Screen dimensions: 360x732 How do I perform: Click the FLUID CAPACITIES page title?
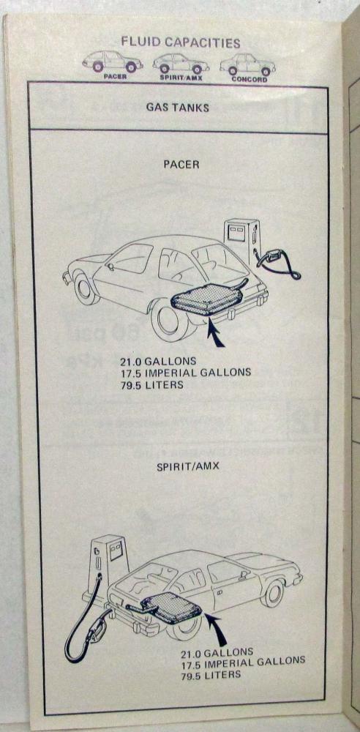(x=181, y=42)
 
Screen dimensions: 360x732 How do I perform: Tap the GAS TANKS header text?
(x=177, y=108)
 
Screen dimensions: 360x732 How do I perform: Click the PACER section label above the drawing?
(x=181, y=165)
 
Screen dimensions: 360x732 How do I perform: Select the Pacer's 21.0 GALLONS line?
(x=150, y=361)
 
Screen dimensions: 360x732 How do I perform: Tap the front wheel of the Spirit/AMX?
(x=273, y=593)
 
